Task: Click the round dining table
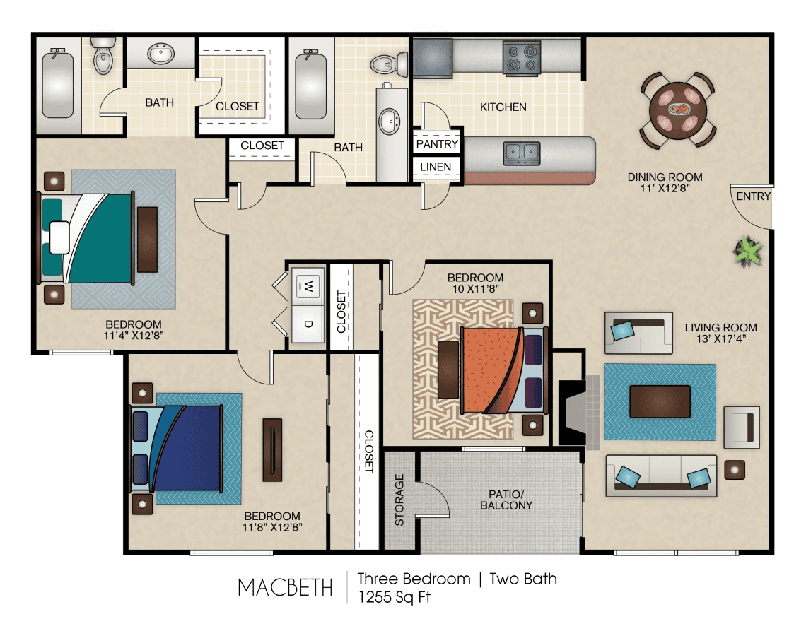click(678, 111)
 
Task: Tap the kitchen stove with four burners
click(522, 57)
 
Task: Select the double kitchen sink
click(522, 153)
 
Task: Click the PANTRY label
click(437, 144)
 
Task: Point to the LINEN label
click(436, 167)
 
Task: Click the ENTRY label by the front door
click(753, 196)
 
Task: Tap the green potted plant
click(747, 251)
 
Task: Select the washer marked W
click(308, 286)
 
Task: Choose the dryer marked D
click(308, 324)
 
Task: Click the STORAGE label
click(399, 500)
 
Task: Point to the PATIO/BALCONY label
click(506, 500)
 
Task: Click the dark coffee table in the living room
click(660, 401)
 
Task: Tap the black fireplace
click(572, 412)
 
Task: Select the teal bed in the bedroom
click(88, 238)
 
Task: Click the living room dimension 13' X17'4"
click(720, 338)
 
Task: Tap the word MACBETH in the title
click(286, 587)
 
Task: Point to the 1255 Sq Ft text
click(395, 597)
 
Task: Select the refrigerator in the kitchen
click(433, 57)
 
